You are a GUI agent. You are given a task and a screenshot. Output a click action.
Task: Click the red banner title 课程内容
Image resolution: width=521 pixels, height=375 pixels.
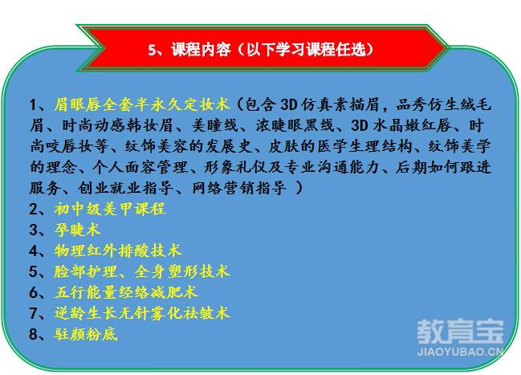pyautogui.click(x=201, y=50)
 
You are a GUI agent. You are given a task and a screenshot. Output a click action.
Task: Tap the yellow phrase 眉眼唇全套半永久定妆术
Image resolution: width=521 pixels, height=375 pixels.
pyautogui.click(x=142, y=104)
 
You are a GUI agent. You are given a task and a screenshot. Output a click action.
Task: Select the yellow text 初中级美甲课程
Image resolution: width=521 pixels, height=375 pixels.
pyautogui.click(x=110, y=209)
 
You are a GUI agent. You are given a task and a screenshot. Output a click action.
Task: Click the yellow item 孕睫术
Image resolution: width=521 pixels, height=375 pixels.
pyautogui.click(x=77, y=230)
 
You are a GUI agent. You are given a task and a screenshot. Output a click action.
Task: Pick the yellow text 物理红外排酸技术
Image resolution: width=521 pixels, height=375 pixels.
pyautogui.click(x=118, y=251)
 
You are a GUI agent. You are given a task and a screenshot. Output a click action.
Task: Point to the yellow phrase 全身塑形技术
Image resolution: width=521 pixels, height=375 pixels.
pyautogui.click(x=182, y=271)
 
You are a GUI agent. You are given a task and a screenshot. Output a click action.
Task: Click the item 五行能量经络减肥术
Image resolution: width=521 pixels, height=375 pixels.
pyautogui.click(x=126, y=292)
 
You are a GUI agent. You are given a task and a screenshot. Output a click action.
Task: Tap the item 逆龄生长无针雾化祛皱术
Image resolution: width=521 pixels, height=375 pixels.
pyautogui.click(x=142, y=313)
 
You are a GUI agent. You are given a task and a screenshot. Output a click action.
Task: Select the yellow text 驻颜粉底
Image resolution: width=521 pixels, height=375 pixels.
pyautogui.click(x=86, y=334)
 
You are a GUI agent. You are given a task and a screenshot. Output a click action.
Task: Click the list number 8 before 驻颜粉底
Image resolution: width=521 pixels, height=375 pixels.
pyautogui.click(x=34, y=334)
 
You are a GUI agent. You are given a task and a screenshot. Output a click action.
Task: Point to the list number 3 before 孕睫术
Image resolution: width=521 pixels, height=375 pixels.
pyautogui.click(x=34, y=230)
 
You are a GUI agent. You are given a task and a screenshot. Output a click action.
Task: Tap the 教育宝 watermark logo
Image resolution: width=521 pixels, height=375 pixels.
pyautogui.click(x=460, y=332)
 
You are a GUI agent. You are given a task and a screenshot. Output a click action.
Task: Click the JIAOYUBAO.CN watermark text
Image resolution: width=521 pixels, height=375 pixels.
pyautogui.click(x=460, y=352)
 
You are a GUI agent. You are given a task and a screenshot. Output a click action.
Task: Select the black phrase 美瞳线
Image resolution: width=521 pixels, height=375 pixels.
pyautogui.click(x=215, y=125)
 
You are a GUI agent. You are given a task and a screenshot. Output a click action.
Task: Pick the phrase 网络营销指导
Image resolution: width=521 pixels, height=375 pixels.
pyautogui.click(x=239, y=188)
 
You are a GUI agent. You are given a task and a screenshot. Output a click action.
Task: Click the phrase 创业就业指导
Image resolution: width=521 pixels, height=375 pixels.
pyautogui.click(x=125, y=188)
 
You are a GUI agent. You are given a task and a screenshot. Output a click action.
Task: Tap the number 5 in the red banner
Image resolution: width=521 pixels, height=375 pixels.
pyautogui.click(x=152, y=51)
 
